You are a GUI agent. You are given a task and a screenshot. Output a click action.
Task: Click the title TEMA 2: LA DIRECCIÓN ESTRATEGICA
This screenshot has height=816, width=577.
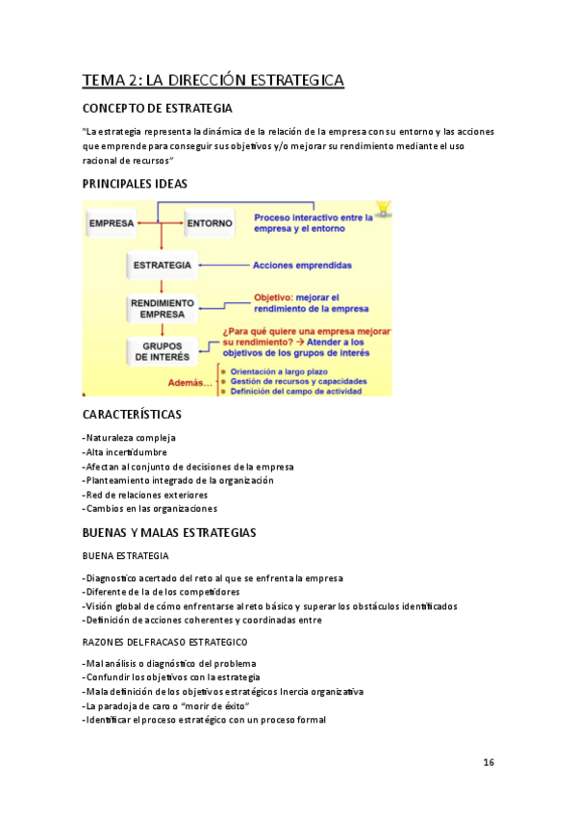pyautogui.click(x=213, y=80)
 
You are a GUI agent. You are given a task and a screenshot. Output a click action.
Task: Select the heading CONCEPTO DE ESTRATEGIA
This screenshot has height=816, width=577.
pyautogui.click(x=158, y=109)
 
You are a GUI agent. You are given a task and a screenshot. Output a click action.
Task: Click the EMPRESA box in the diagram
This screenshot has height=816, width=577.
pyautogui.click(x=111, y=224)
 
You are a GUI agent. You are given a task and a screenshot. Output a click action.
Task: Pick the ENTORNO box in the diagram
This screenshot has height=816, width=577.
pyautogui.click(x=209, y=224)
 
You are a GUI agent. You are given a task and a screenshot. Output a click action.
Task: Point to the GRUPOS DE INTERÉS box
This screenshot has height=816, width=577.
pyautogui.click(x=162, y=351)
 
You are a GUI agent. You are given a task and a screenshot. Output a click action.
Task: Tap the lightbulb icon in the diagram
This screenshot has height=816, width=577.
pyautogui.click(x=384, y=208)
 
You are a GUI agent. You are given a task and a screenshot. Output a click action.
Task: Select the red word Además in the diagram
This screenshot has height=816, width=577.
pyautogui.click(x=189, y=382)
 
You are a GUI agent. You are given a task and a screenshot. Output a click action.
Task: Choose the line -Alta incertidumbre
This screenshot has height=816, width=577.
pyautogui.click(x=125, y=452)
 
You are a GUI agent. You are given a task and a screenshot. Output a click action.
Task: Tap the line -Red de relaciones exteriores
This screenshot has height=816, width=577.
pyautogui.click(x=145, y=495)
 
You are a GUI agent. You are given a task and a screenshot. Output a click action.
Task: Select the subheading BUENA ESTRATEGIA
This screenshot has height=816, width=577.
pyautogui.click(x=126, y=556)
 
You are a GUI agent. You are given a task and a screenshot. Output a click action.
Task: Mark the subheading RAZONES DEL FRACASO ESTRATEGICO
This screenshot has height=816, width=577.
pyautogui.click(x=164, y=642)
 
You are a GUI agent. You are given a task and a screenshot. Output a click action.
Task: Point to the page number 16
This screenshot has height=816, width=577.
pyautogui.click(x=489, y=762)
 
